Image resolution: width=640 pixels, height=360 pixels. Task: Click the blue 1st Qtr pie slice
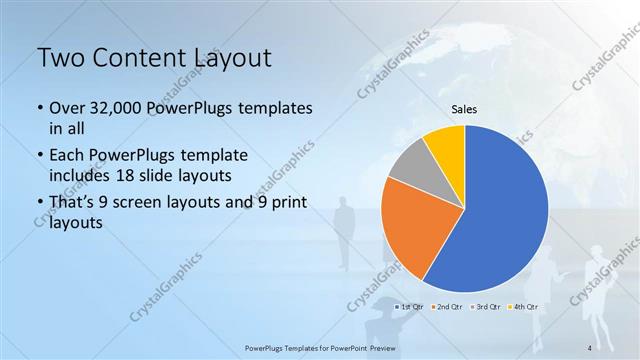pyautogui.click(x=500, y=210)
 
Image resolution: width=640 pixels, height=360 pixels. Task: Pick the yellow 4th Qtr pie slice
pyautogui.click(x=446, y=144)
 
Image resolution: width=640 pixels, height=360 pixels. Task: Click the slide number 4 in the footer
pyautogui.click(x=592, y=347)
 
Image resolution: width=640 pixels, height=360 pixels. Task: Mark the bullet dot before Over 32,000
pyautogui.click(x=39, y=108)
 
